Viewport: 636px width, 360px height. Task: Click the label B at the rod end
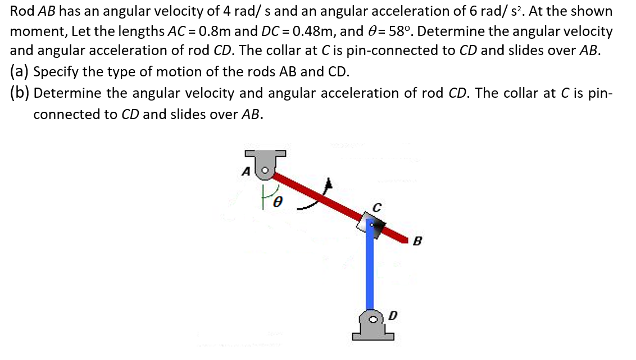416,242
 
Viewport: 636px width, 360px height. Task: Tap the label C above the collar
378,207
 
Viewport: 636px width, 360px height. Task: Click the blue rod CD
370,270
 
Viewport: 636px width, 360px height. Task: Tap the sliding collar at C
371,223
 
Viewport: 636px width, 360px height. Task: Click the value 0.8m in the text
205,30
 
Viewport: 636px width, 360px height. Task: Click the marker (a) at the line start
21,71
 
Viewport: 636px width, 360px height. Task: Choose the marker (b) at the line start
21,93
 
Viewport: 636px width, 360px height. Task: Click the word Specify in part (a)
58,72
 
